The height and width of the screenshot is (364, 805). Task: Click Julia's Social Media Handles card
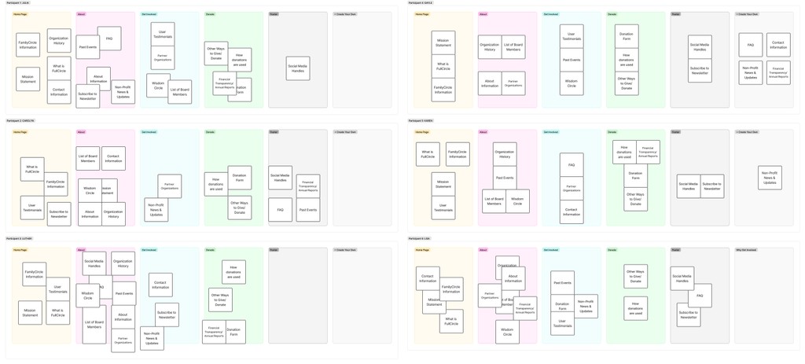tap(298, 68)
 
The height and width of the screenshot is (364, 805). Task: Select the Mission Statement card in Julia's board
tap(28, 79)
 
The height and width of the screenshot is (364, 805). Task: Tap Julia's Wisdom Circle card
tap(158, 86)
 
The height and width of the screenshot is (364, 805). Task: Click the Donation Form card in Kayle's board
tap(627, 35)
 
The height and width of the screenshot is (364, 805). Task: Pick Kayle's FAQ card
tap(751, 46)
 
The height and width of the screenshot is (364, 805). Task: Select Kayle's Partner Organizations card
tap(513, 84)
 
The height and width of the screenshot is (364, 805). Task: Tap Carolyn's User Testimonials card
tap(32, 208)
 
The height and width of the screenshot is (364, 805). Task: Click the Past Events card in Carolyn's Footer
tap(308, 210)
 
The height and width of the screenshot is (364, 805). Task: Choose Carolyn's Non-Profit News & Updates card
tap(156, 210)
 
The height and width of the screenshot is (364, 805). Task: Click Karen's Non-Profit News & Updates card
tap(770, 178)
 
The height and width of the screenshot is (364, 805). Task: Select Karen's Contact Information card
tap(572, 211)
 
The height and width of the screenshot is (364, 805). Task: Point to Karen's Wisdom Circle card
tap(517, 200)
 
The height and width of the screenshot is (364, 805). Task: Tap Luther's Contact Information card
tap(160, 285)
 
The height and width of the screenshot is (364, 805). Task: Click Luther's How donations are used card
tap(233, 271)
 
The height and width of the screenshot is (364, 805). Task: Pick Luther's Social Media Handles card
tap(94, 263)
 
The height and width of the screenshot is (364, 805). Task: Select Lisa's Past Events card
tap(562, 283)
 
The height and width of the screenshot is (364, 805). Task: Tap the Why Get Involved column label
tap(746, 250)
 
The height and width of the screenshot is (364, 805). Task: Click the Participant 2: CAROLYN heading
tap(21, 121)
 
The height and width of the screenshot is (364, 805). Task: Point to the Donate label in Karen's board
tap(612, 132)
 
